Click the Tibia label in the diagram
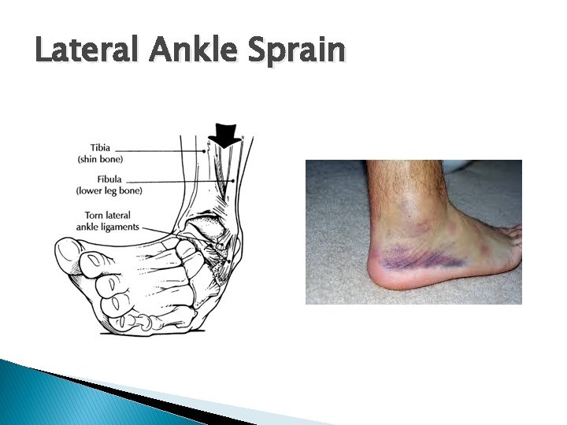point(100,147)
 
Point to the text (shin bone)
point(100,159)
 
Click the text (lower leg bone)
point(107,191)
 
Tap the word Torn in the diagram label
point(95,215)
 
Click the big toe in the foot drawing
point(75,259)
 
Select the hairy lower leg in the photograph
point(394,177)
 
